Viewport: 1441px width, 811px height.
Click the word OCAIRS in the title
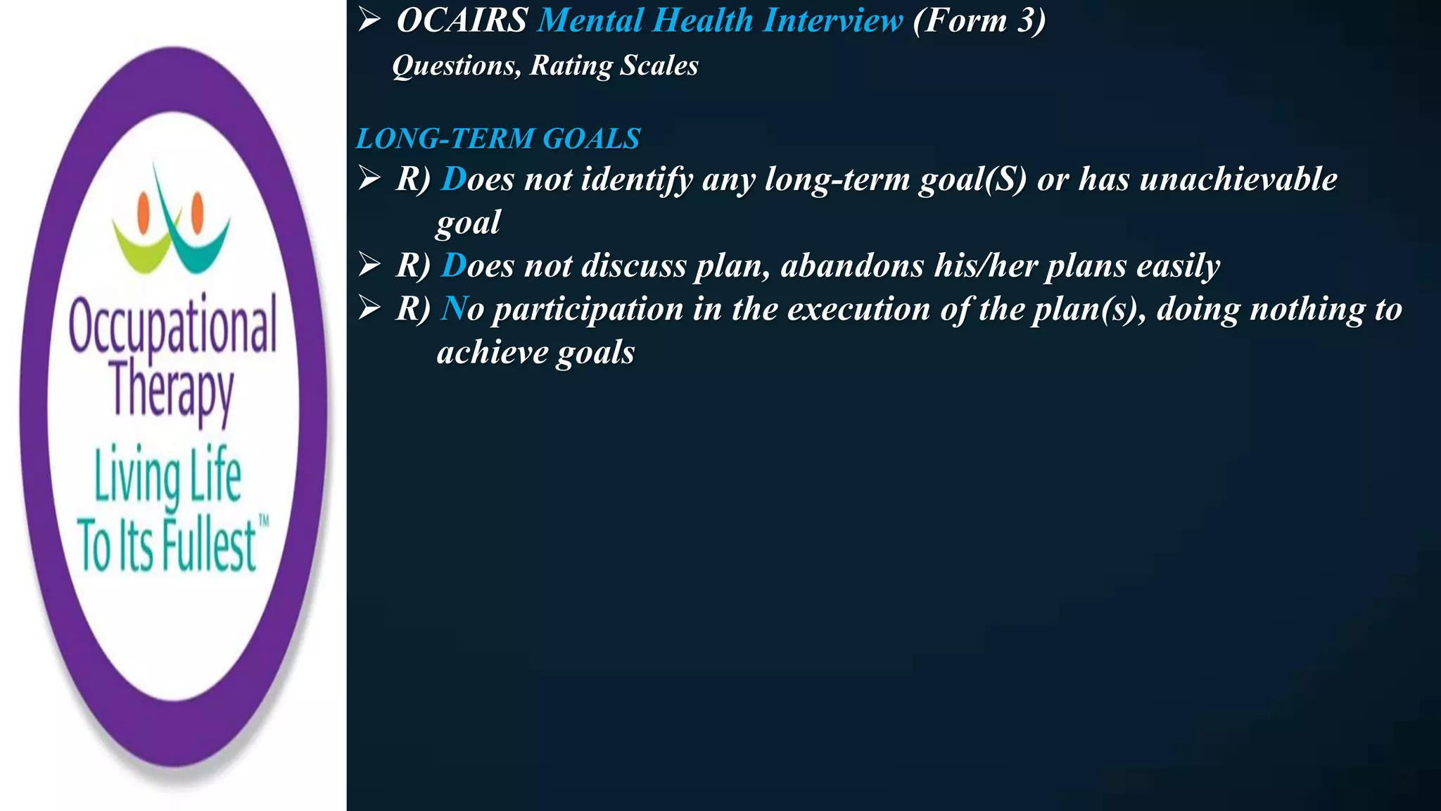tap(462, 20)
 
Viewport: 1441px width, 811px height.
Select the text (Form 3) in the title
tap(979, 20)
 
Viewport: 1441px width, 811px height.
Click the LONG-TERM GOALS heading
tap(498, 139)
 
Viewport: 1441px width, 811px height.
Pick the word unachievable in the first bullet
tap(1238, 180)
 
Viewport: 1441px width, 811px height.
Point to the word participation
tap(588, 310)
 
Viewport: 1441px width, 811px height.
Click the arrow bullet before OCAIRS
tap(369, 20)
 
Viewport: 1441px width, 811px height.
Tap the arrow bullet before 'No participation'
tap(369, 308)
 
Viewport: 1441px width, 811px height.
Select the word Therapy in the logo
tap(172, 391)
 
